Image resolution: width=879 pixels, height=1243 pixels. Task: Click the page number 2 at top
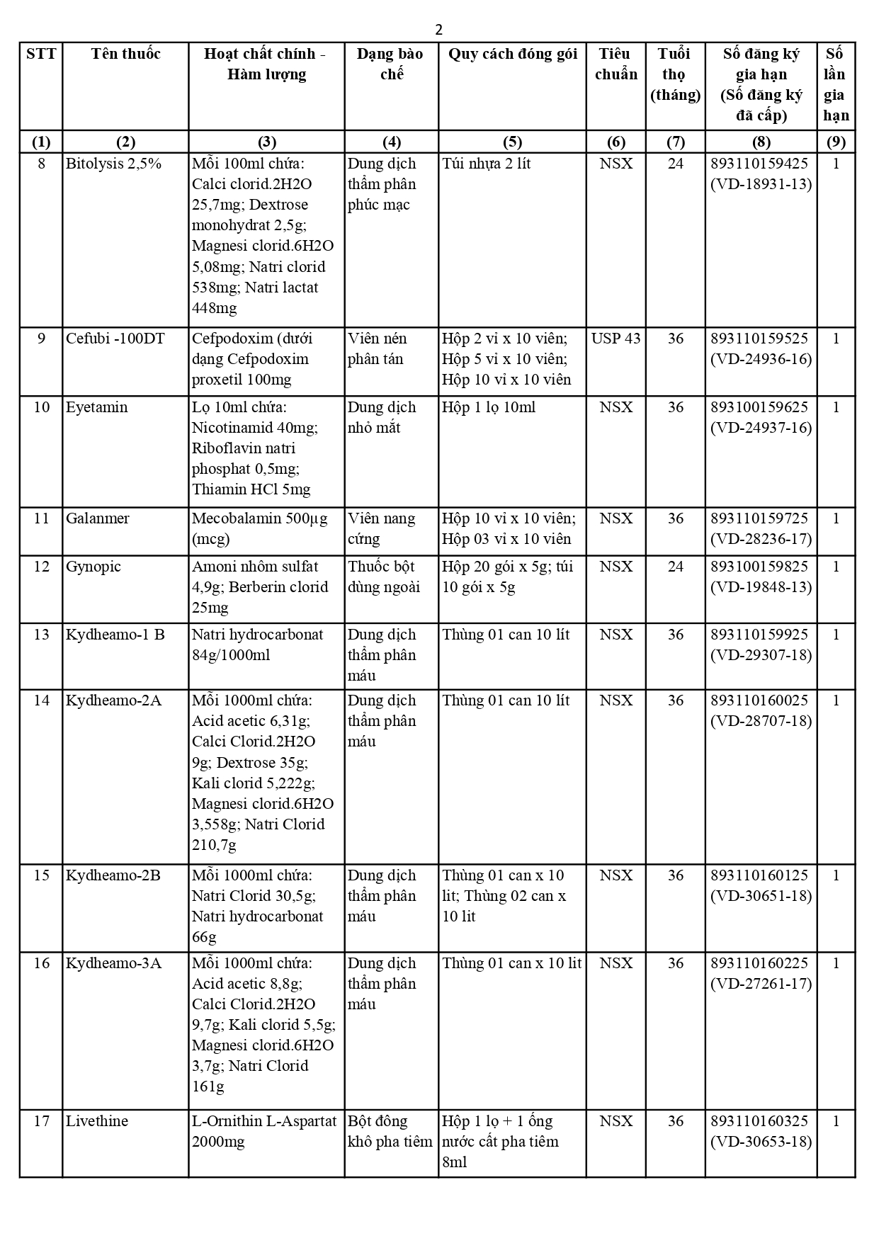coord(439,30)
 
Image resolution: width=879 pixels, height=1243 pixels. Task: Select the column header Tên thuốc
coord(125,54)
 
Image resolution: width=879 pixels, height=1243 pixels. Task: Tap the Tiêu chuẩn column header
coord(616,64)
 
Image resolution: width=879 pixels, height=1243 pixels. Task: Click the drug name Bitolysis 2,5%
coord(113,164)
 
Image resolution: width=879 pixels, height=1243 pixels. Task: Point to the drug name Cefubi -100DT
coord(115,339)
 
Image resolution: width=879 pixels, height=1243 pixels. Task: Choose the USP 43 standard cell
coord(616,339)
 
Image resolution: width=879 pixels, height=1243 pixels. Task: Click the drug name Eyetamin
coord(97,407)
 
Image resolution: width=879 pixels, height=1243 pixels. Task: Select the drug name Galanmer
coord(98,518)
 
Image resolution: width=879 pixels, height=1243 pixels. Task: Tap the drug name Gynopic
coord(93,567)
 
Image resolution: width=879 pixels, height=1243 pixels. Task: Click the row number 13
coord(41,635)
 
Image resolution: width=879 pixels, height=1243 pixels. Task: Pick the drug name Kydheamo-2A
coord(113,700)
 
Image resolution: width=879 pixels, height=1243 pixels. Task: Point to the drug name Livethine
coord(97,1121)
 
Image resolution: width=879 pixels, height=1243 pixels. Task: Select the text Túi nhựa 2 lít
coord(486,164)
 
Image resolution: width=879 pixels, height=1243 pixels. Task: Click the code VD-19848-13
coord(761,587)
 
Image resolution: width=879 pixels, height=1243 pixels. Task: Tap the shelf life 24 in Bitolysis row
coord(676,164)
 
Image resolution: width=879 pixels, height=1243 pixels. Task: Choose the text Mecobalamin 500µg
coord(260,518)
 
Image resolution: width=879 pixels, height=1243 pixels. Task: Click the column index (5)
coord(512,142)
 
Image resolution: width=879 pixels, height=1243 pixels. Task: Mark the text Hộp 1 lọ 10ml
coord(489,407)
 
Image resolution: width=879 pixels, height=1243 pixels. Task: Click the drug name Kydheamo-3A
coord(113,963)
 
